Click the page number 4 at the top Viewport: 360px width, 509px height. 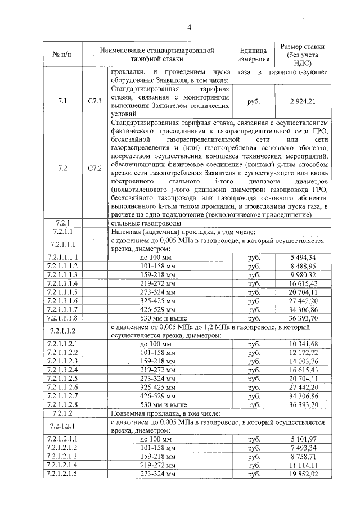click(189, 26)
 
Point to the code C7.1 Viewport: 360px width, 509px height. click(95, 102)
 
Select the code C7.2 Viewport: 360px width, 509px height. click(95, 168)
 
